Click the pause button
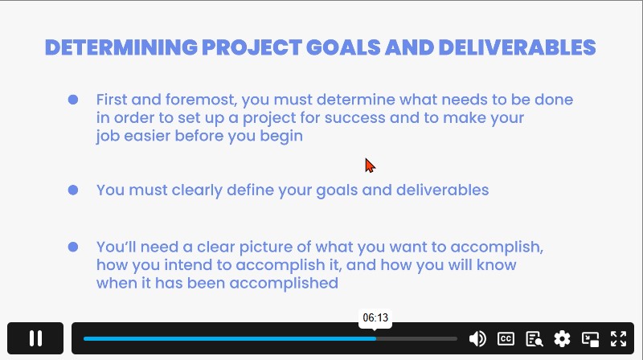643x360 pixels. point(35,338)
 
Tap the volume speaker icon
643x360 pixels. point(477,338)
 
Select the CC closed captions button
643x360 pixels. point(506,338)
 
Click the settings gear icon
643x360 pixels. point(562,338)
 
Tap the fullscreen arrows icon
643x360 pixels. point(618,338)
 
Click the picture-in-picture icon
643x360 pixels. point(591,339)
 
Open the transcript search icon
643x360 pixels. point(534,339)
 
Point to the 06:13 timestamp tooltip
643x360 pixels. point(375,317)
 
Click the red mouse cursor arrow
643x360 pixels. point(370,166)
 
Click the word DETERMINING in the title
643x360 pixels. point(121,47)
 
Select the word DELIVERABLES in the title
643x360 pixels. point(517,47)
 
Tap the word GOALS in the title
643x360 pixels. point(343,47)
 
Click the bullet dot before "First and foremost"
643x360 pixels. point(73,100)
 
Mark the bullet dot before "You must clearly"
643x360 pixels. point(73,190)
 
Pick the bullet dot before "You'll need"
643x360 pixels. point(73,247)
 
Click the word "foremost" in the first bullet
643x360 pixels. point(201,100)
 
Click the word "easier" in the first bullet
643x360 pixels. point(147,136)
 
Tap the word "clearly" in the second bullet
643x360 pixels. point(197,190)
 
